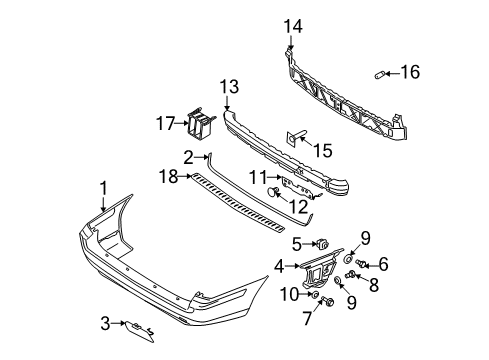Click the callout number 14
point(293,26)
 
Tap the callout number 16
point(410,72)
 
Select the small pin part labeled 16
point(380,74)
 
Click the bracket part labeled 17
point(201,123)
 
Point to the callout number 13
point(229,87)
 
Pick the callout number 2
point(188,157)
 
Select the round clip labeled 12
point(273,191)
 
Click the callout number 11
point(258,177)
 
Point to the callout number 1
point(104,188)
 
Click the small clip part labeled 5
point(322,244)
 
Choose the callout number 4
point(279,267)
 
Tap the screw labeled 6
point(360,263)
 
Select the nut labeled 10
point(314,294)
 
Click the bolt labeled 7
point(328,302)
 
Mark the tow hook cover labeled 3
point(139,331)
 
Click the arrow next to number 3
point(118,323)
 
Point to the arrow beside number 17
point(182,123)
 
